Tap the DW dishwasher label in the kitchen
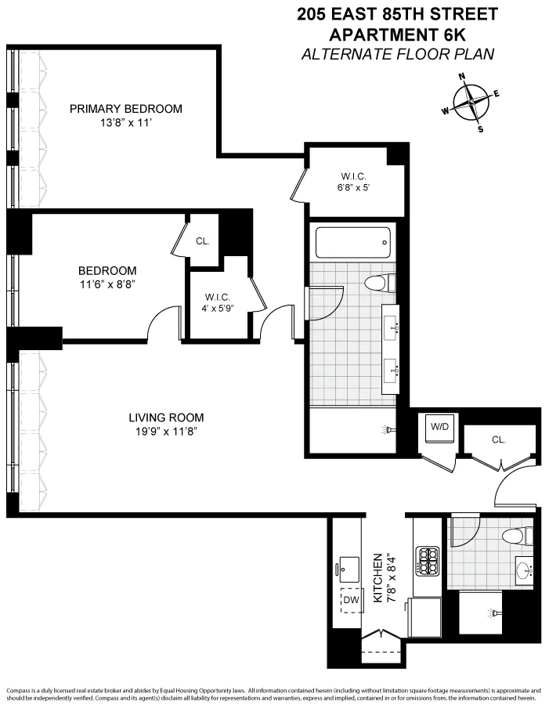coord(351,600)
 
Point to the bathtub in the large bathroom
coord(352,243)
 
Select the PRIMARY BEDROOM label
coord(125,109)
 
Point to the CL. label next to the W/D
coord(499,440)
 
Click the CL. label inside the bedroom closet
coord(202,240)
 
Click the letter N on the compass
coord(462,77)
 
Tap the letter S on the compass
coord(480,129)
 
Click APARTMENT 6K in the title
coord(397,34)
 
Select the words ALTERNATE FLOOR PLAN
coord(397,54)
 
